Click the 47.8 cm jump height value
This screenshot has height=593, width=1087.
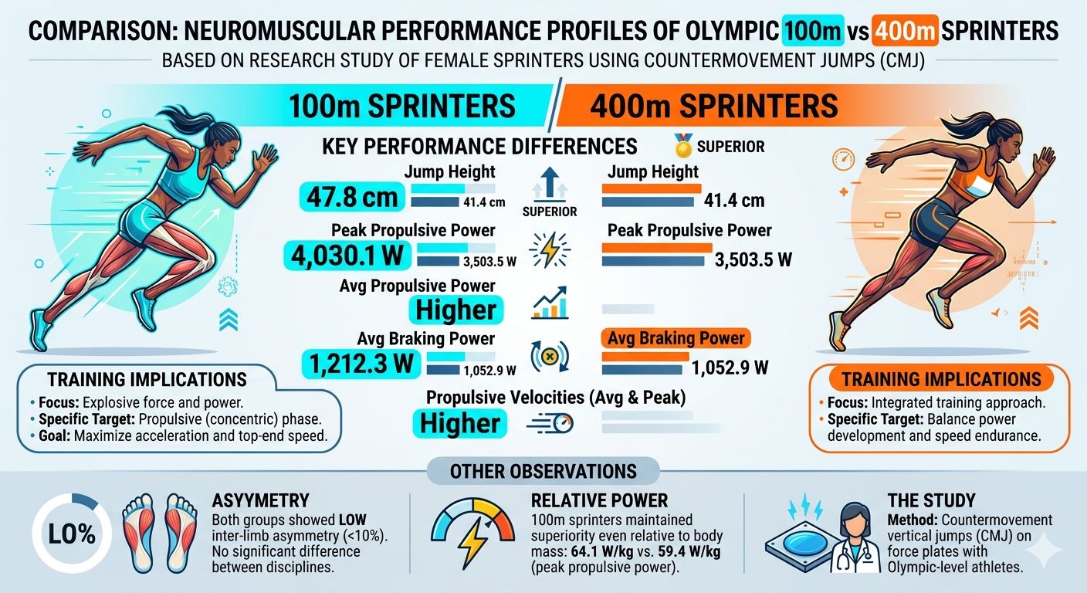352,198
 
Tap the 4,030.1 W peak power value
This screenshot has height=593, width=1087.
347,256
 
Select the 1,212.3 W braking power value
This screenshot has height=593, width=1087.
361,364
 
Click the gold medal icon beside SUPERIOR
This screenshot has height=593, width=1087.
683,146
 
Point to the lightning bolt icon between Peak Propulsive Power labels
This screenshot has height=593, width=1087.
550,250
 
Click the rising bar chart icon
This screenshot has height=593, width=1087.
550,303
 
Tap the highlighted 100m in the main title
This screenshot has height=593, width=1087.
812,31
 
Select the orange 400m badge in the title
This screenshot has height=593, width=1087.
905,31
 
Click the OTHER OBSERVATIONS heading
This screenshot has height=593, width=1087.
543,471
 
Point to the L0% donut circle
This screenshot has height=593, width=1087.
73,534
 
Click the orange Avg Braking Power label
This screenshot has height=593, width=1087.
676,338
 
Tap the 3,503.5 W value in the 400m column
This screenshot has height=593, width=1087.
753,259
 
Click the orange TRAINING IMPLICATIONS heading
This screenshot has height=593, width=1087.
941,379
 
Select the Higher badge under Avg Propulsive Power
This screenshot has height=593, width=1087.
456,310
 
